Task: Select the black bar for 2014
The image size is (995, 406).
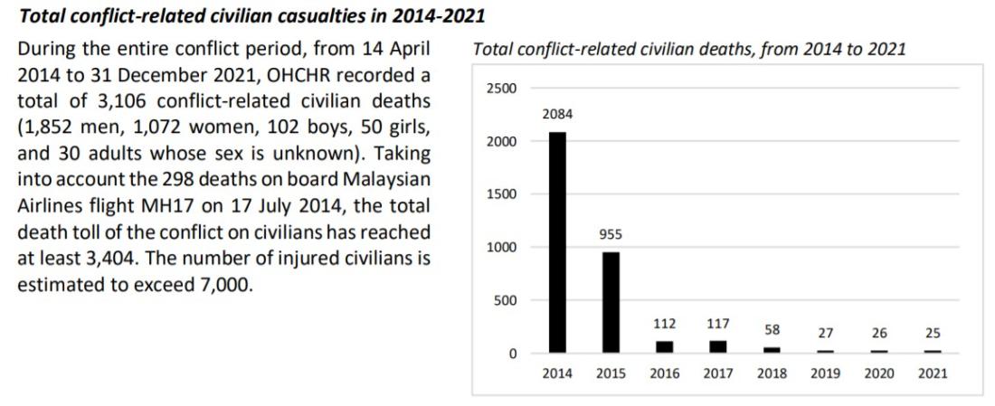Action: click(557, 242)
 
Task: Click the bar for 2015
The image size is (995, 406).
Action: click(611, 302)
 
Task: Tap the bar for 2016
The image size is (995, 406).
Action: click(665, 346)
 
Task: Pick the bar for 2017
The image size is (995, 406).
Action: click(718, 346)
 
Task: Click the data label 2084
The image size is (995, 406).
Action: click(557, 115)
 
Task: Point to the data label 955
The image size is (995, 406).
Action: click(611, 234)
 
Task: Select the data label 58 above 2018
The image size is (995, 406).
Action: click(772, 329)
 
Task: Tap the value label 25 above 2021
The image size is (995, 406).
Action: click(933, 334)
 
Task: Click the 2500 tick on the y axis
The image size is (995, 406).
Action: click(500, 89)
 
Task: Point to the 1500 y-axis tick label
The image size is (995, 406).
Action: click(500, 194)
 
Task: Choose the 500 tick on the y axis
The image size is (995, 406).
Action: click(504, 300)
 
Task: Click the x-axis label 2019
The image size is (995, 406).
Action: click(825, 373)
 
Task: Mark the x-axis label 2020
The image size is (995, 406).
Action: click(879, 373)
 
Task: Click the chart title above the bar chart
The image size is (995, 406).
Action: click(689, 50)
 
